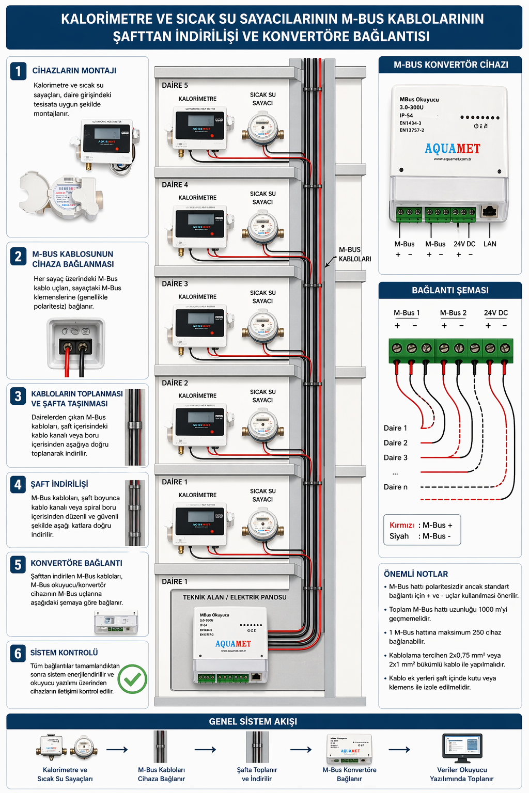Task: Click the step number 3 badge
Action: tap(18, 396)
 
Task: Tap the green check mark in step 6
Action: tap(132, 679)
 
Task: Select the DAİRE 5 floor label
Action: tap(175, 85)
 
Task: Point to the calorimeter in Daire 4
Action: tap(200, 228)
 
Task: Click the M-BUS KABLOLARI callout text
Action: tap(354, 254)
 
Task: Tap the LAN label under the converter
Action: tap(490, 244)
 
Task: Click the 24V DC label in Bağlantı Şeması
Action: tap(495, 313)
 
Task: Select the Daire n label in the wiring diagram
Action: tap(396, 487)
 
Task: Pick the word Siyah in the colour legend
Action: tap(399, 536)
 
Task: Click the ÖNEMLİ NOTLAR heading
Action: tap(416, 574)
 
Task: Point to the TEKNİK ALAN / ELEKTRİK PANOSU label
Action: tap(235, 597)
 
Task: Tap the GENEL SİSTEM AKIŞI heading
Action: tap(253, 721)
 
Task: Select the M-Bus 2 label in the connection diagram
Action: tap(453, 313)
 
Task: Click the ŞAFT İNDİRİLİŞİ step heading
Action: tap(59, 484)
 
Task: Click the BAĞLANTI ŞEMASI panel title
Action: tap(450, 290)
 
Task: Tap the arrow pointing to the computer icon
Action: tap(399, 750)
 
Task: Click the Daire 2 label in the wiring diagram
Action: tap(396, 443)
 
